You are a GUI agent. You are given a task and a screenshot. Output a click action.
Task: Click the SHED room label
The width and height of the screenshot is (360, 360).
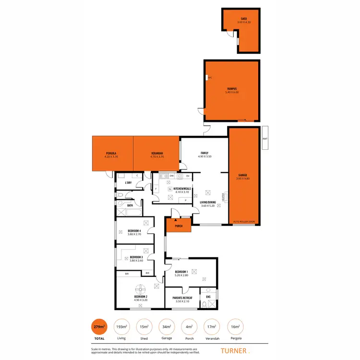240,20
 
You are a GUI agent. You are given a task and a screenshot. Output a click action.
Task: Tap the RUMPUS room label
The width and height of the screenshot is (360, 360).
231,89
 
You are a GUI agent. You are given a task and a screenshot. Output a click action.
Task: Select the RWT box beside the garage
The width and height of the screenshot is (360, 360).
264,139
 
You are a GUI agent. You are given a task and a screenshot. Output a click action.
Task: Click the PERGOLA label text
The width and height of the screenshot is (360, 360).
111,153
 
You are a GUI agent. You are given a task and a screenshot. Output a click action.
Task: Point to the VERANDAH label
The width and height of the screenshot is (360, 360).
156,153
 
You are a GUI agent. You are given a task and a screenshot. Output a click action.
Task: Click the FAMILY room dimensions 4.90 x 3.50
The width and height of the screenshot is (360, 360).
204,156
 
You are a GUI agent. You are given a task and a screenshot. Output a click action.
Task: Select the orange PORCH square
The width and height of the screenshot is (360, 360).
178,226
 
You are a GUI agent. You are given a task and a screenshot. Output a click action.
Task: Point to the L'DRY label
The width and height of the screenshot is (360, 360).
128,183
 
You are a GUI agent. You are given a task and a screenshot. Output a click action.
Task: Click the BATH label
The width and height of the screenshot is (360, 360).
130,205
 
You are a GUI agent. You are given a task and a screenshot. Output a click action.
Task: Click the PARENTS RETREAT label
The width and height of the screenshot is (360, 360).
182,298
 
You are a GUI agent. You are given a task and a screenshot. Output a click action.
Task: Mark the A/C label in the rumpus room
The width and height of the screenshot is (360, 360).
210,77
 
